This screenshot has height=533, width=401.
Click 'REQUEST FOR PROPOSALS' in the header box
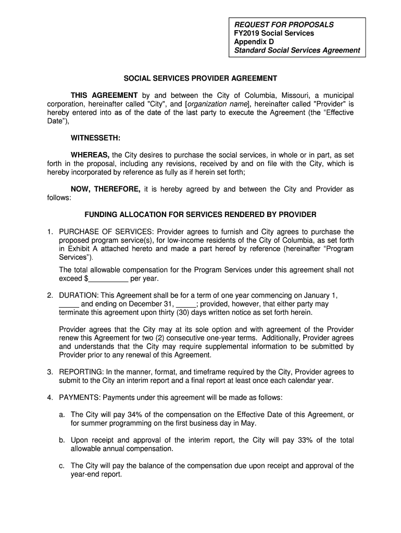click(x=284, y=24)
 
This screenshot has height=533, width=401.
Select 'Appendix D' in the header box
click(x=253, y=42)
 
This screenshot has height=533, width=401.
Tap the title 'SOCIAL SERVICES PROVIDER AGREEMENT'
click(x=200, y=78)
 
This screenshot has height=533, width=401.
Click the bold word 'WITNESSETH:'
click(x=96, y=138)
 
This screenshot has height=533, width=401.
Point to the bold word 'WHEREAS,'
click(x=90, y=155)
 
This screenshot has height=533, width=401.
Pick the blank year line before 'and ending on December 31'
click(x=69, y=304)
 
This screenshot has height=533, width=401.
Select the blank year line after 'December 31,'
click(x=186, y=304)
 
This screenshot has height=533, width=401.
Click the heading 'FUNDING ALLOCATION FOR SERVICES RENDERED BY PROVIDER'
click(x=200, y=214)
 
